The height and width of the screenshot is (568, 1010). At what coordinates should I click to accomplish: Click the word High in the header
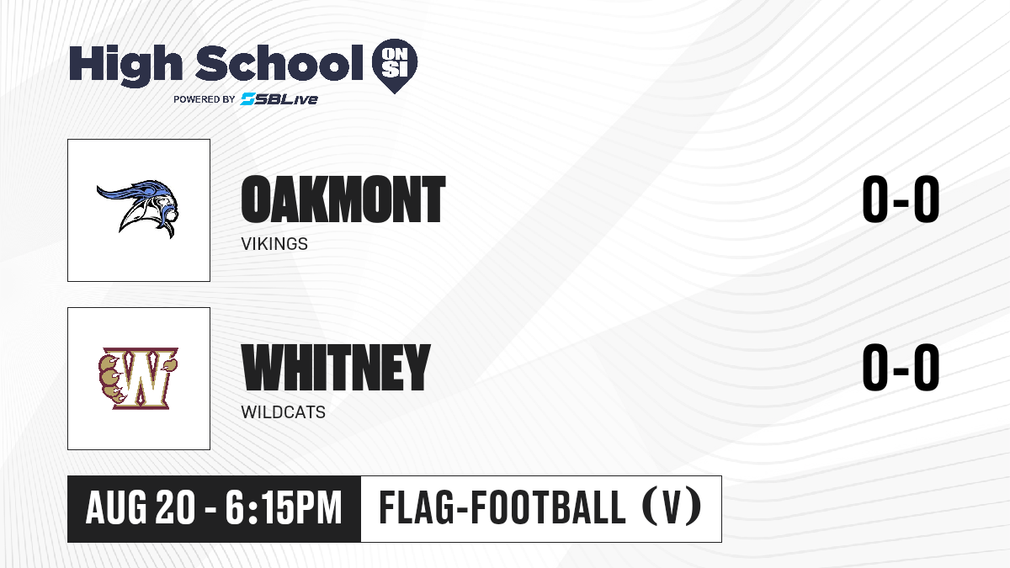pos(125,66)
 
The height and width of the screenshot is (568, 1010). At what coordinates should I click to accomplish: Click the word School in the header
pos(279,63)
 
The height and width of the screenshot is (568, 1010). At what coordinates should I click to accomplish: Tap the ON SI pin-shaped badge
pos(395,66)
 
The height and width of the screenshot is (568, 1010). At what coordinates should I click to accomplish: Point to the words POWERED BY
pos(205,99)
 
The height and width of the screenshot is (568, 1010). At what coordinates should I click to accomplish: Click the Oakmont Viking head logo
pos(138,209)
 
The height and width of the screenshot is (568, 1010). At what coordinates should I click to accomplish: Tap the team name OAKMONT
pos(343,199)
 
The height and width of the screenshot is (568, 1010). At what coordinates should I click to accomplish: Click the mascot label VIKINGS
pos(274,244)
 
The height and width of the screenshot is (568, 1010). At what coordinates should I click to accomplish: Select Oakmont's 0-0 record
pos(901,199)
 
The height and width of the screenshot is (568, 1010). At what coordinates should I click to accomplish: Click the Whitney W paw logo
pos(138,378)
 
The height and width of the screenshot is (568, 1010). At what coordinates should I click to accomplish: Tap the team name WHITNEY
pos(336,368)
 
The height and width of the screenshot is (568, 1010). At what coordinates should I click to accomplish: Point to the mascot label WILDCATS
pos(283,412)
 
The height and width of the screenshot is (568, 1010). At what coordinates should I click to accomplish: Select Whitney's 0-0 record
pos(901,368)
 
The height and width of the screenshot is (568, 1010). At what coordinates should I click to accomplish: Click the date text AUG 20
pos(141,508)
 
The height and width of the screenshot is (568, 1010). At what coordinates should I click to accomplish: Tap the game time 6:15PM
pos(284,508)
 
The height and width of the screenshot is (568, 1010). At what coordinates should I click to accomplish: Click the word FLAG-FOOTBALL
pos(502,508)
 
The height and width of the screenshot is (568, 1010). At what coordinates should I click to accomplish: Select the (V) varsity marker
pos(672,508)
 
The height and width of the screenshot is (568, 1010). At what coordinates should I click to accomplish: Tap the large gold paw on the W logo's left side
pos(110,379)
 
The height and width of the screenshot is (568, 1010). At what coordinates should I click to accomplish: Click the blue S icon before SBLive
pos(248,98)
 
